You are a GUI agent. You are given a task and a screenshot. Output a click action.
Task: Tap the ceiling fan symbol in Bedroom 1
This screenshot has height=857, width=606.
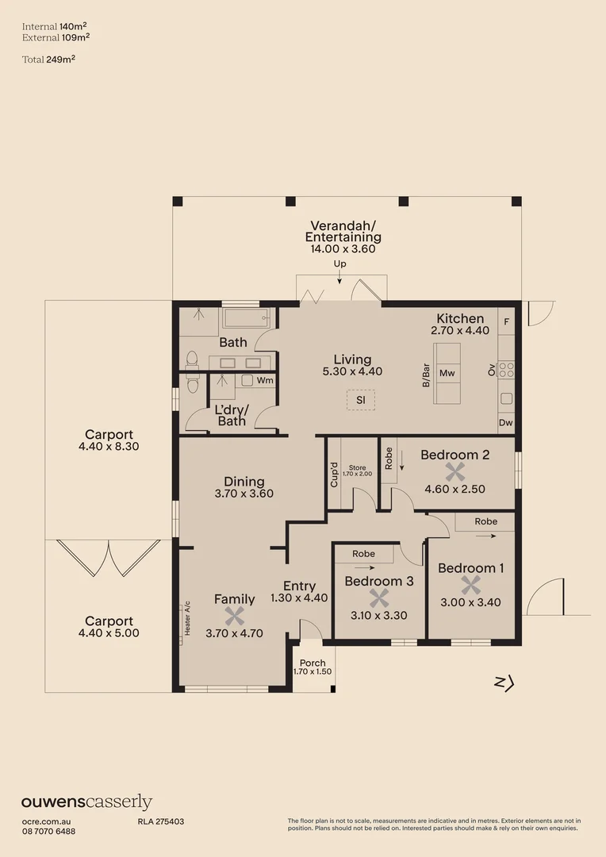click(471, 586)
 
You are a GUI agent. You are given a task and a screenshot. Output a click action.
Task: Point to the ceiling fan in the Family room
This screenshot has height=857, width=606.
click(234, 616)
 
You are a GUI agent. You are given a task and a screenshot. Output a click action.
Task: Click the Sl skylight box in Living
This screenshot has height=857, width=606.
click(360, 401)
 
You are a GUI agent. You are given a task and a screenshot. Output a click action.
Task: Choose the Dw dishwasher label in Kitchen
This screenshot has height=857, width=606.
click(506, 424)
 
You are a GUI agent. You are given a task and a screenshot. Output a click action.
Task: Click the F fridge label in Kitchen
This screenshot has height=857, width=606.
click(507, 321)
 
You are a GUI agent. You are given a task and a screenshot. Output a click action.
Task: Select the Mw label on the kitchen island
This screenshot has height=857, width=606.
click(447, 373)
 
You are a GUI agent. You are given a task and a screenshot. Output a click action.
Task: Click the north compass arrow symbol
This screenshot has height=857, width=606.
click(504, 682)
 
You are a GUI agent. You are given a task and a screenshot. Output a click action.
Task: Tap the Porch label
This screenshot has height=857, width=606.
click(312, 663)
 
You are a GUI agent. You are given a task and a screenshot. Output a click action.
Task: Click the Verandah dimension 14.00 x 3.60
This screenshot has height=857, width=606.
click(343, 248)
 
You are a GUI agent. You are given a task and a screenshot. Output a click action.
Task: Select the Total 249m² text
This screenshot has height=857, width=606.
click(48, 59)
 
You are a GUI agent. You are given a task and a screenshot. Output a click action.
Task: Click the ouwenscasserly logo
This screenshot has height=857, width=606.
click(86, 802)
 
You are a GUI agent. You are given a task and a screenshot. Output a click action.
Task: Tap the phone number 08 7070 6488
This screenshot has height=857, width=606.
click(48, 831)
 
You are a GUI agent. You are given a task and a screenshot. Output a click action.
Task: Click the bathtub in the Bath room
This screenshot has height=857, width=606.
click(247, 319)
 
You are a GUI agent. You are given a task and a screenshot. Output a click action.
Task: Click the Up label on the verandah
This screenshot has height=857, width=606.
click(339, 263)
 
